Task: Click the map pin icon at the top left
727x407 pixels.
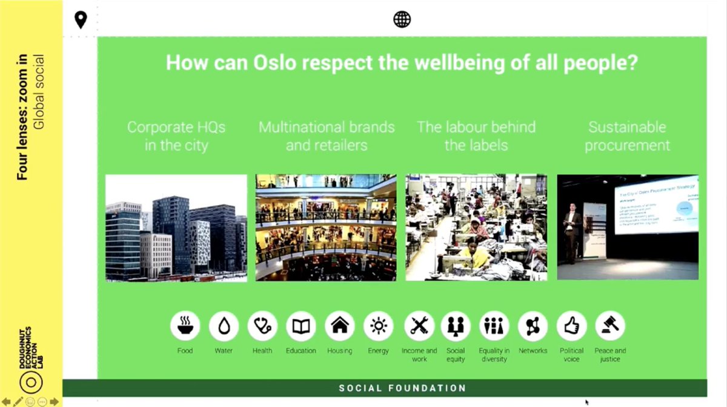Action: tap(81, 20)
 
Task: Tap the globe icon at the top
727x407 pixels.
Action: tap(402, 19)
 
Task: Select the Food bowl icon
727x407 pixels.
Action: tap(185, 327)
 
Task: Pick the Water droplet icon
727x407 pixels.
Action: tap(224, 327)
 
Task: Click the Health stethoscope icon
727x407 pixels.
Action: tap(262, 327)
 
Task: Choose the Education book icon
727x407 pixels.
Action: tap(301, 327)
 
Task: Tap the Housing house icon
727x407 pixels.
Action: tap(340, 327)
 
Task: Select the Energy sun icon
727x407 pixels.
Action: tap(379, 327)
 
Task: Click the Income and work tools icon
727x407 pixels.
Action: tap(419, 327)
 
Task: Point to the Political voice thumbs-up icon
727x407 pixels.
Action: tap(571, 327)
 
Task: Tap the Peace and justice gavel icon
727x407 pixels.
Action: tap(610, 327)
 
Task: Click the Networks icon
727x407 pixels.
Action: tap(533, 327)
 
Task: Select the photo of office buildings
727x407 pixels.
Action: tap(176, 228)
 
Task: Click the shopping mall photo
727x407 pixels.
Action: tap(326, 228)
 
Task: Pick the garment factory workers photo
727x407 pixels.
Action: tap(476, 228)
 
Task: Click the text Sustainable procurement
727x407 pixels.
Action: tap(627, 136)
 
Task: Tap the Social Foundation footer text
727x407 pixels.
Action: tap(402, 388)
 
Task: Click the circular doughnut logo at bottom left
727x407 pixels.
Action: tap(31, 382)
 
